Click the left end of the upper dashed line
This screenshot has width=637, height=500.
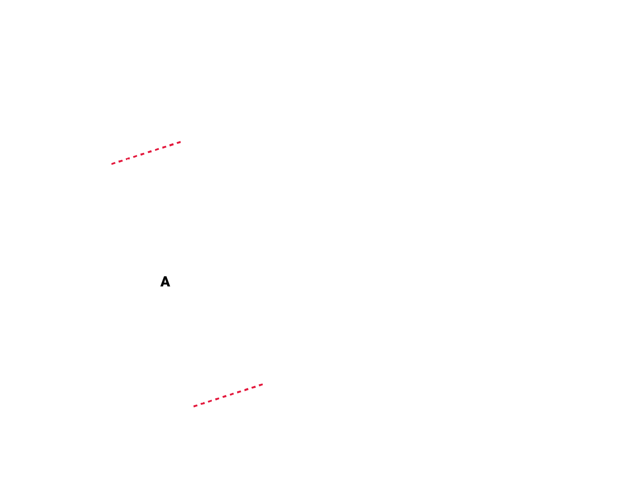(x=112, y=164)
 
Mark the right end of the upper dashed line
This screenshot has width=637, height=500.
(x=181, y=142)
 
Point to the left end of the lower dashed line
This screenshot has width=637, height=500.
(x=194, y=406)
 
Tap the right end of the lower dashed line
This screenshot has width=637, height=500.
(x=262, y=384)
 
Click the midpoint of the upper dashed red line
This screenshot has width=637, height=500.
(x=146, y=153)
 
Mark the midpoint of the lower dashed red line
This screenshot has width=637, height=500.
(x=228, y=396)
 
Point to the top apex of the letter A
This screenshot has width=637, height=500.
(x=165, y=277)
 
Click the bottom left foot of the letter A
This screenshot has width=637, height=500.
(x=162, y=286)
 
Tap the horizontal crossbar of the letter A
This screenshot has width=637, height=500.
(x=165, y=284)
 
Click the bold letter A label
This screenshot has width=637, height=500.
(x=165, y=282)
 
